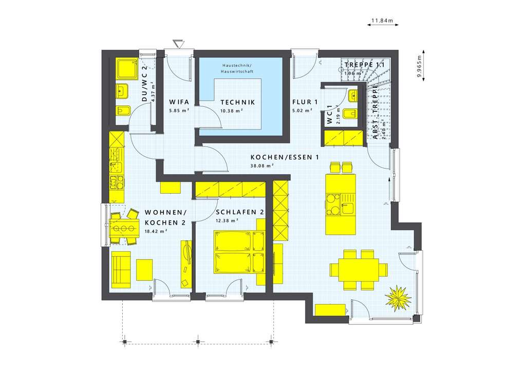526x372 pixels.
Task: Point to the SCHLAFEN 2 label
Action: click(240, 212)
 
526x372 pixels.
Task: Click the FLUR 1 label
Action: click(303, 102)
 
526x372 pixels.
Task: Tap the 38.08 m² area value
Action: click(262, 166)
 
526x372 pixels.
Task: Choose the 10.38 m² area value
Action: click(231, 110)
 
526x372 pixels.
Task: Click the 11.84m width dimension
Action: click(382, 22)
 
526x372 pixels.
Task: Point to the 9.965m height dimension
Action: click(420, 65)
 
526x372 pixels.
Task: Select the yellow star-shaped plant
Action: click(399, 298)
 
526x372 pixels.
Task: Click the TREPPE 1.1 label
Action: click(365, 65)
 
